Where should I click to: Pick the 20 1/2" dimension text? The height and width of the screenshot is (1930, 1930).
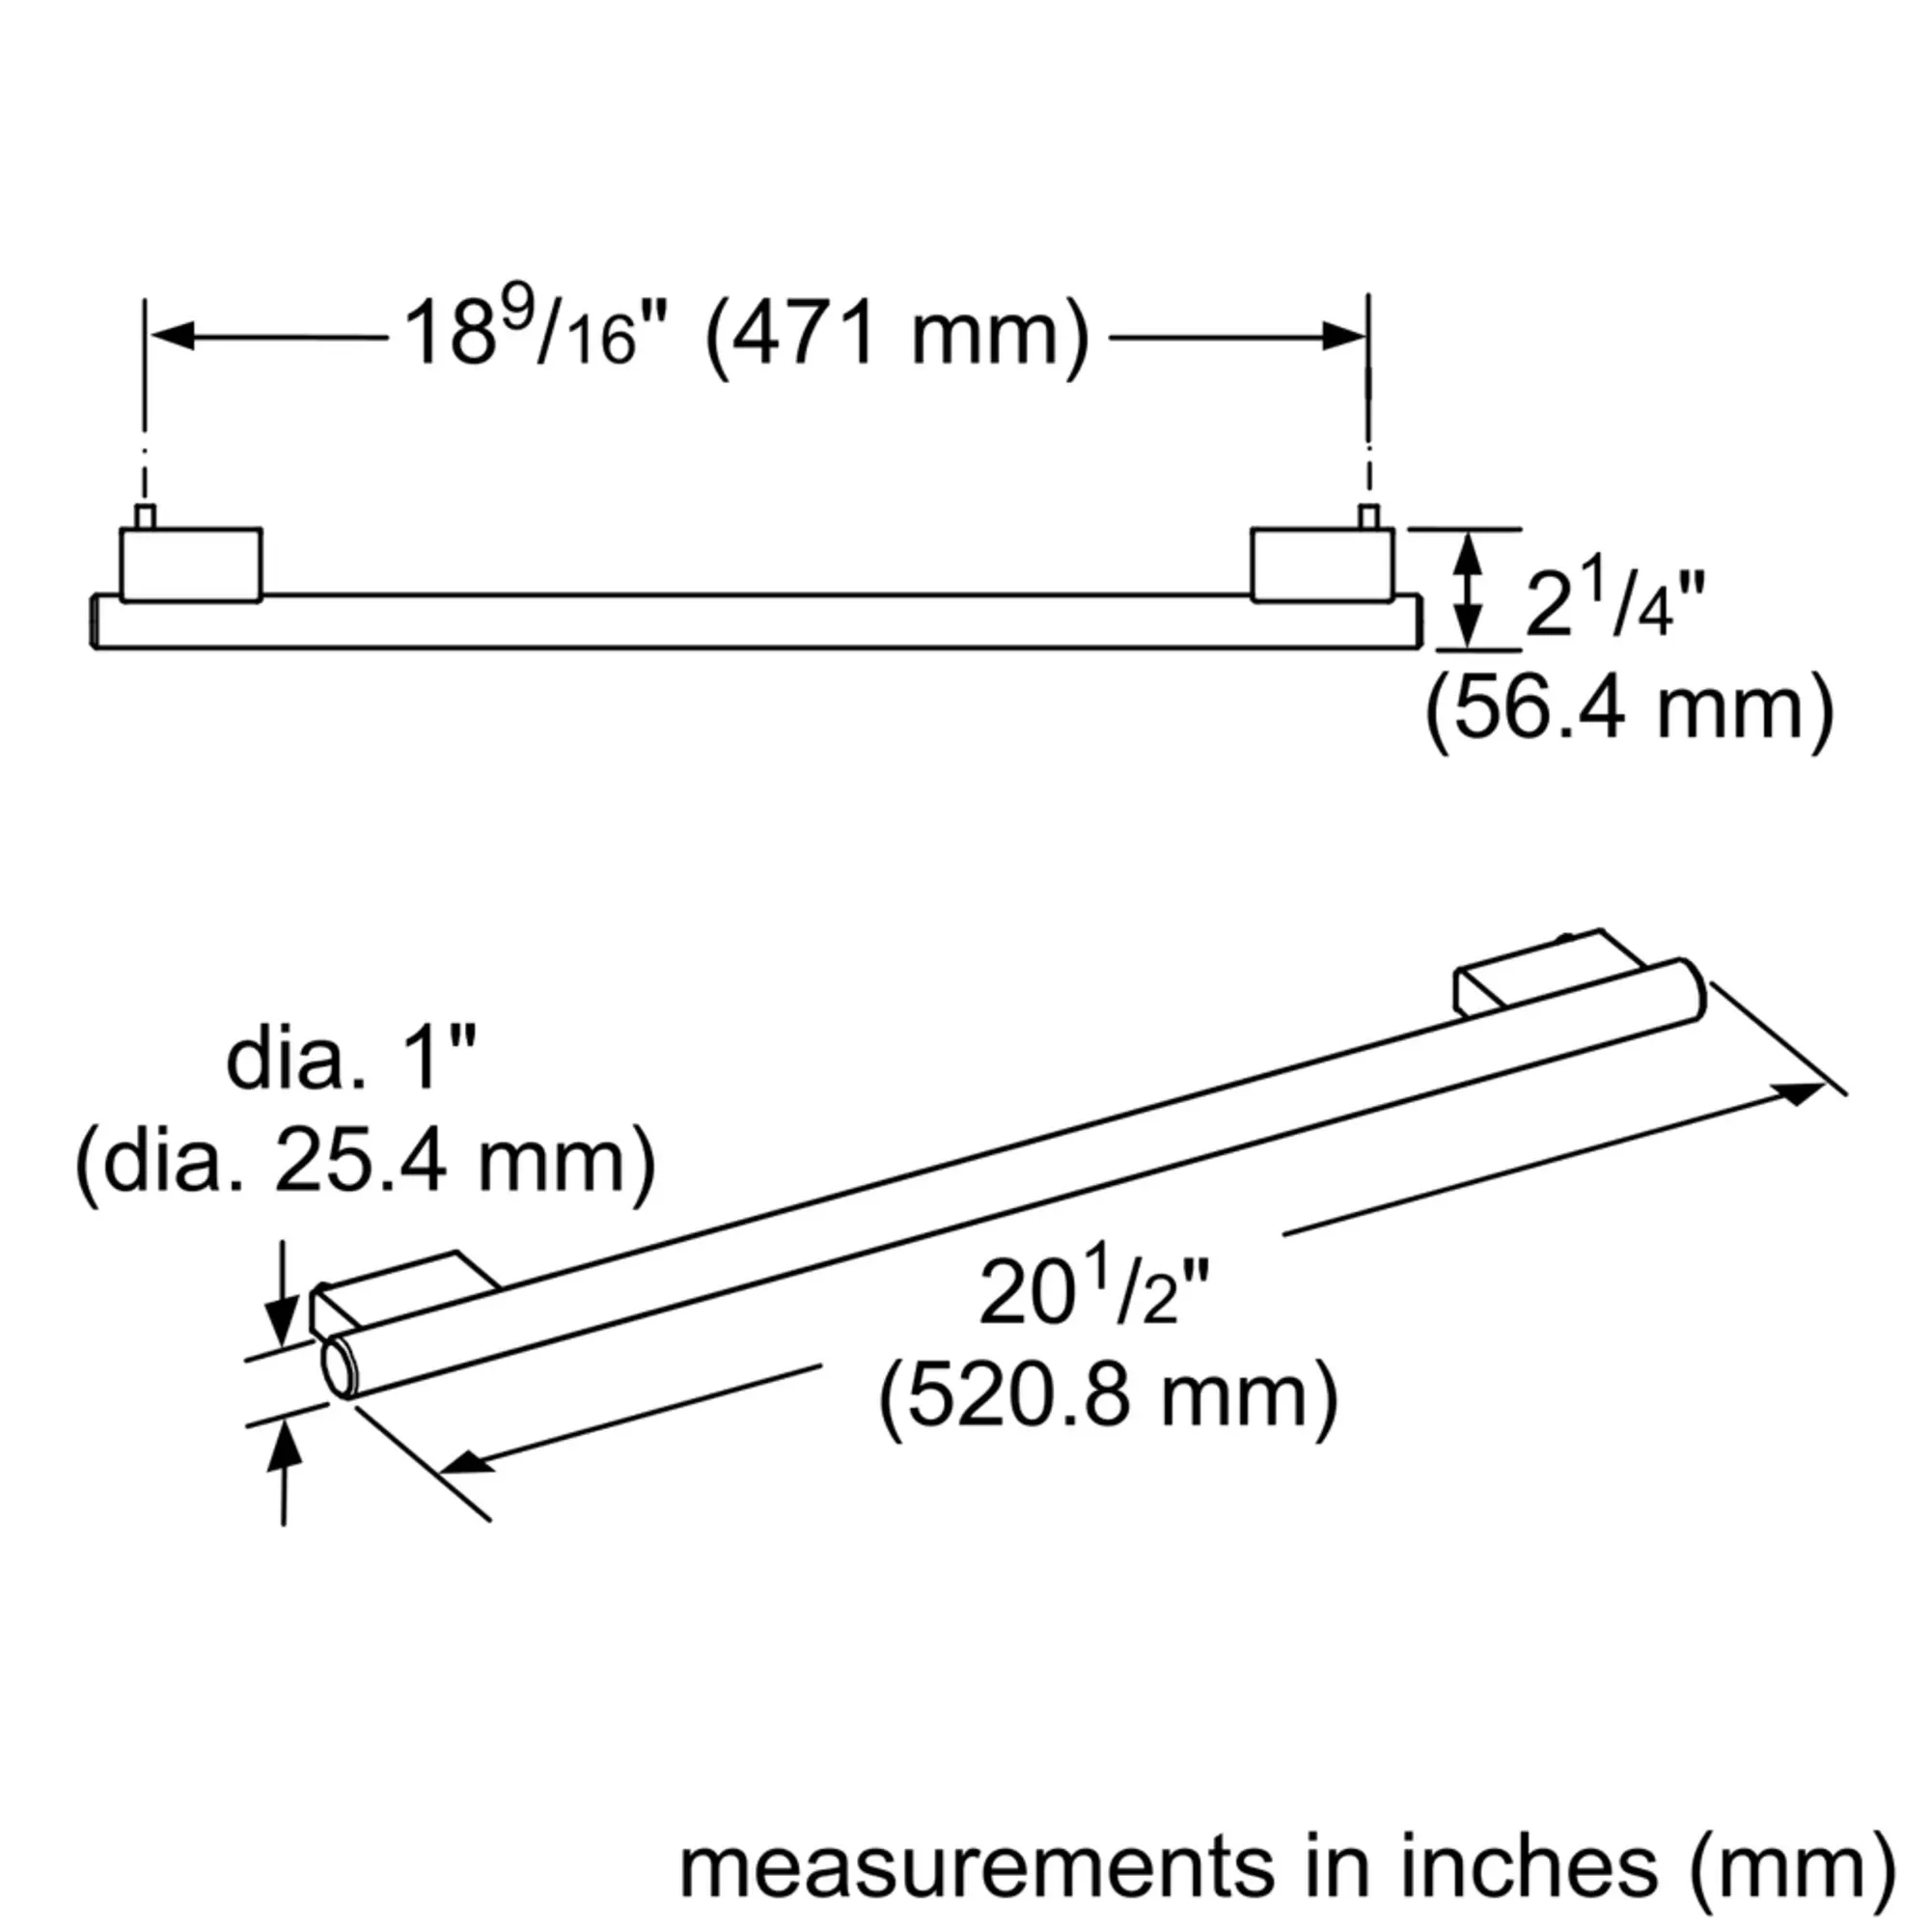point(1094,1293)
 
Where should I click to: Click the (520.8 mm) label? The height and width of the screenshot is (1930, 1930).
point(1108,1396)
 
